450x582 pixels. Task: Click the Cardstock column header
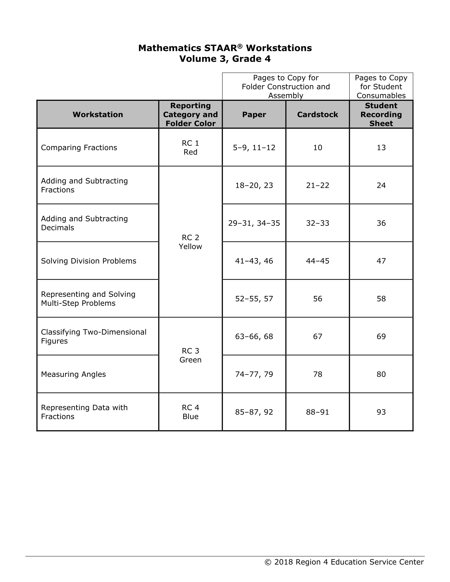tap(317, 115)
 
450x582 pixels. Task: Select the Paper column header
tap(254, 115)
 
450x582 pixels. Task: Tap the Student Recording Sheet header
tap(381, 115)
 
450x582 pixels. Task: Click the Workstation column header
tap(98, 115)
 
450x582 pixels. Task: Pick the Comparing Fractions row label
tap(79, 148)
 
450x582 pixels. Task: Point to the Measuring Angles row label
tap(73, 374)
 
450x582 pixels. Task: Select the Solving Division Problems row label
tap(89, 261)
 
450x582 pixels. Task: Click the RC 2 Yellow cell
tap(190, 242)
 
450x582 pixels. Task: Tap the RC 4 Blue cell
tap(190, 412)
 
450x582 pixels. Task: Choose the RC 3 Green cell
tap(190, 355)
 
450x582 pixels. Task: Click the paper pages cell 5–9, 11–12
tap(254, 148)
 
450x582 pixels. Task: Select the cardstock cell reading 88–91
tap(317, 412)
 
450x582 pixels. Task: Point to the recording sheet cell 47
tap(381, 261)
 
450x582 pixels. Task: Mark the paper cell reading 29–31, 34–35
tap(254, 223)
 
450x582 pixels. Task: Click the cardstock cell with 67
tap(317, 336)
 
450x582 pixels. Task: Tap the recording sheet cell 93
tap(381, 412)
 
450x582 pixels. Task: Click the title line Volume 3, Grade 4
tap(225, 59)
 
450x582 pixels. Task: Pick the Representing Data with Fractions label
tap(84, 412)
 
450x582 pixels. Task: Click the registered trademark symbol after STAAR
tap(240, 46)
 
